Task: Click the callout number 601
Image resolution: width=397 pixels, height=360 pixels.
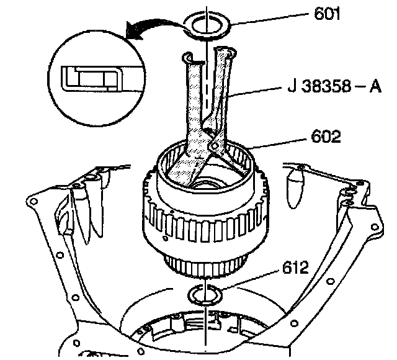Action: [327, 14]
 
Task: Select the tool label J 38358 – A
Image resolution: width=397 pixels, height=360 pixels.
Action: [334, 86]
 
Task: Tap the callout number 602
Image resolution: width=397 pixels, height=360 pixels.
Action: [326, 137]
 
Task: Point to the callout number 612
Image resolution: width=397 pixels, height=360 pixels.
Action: [295, 268]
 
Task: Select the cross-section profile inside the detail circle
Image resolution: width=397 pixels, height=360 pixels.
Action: [92, 79]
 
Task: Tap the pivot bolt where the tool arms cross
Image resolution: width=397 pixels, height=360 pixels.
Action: [215, 146]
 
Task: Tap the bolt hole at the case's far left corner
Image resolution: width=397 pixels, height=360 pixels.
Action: [33, 202]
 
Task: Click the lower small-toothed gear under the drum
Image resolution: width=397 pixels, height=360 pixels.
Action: [205, 266]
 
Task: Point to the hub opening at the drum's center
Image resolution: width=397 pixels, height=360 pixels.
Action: [205, 184]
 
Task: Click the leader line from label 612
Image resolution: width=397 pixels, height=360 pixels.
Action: [250, 280]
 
